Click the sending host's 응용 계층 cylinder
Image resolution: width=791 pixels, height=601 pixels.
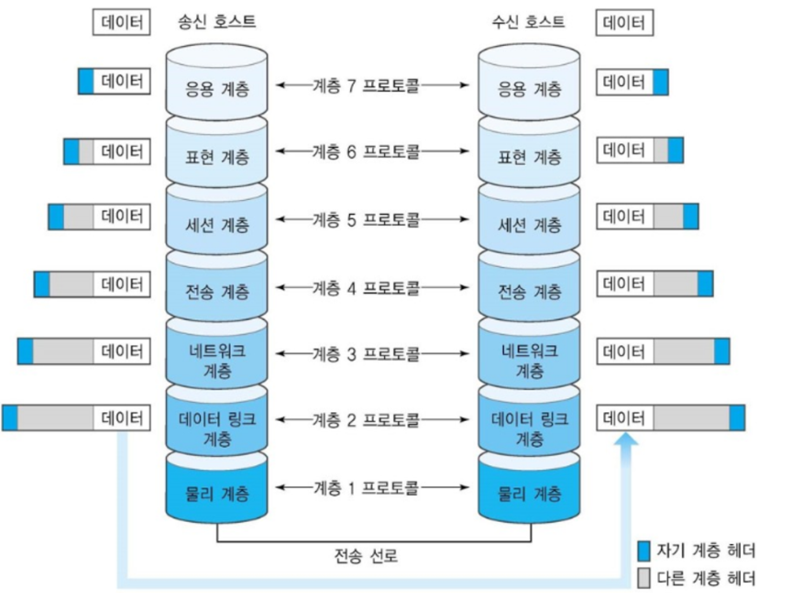click(216, 89)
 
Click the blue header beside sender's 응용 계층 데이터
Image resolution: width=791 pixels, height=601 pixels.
click(86, 82)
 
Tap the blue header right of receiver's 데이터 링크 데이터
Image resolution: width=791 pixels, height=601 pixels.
click(738, 418)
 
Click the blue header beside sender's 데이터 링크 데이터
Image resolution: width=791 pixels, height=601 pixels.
click(10, 418)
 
